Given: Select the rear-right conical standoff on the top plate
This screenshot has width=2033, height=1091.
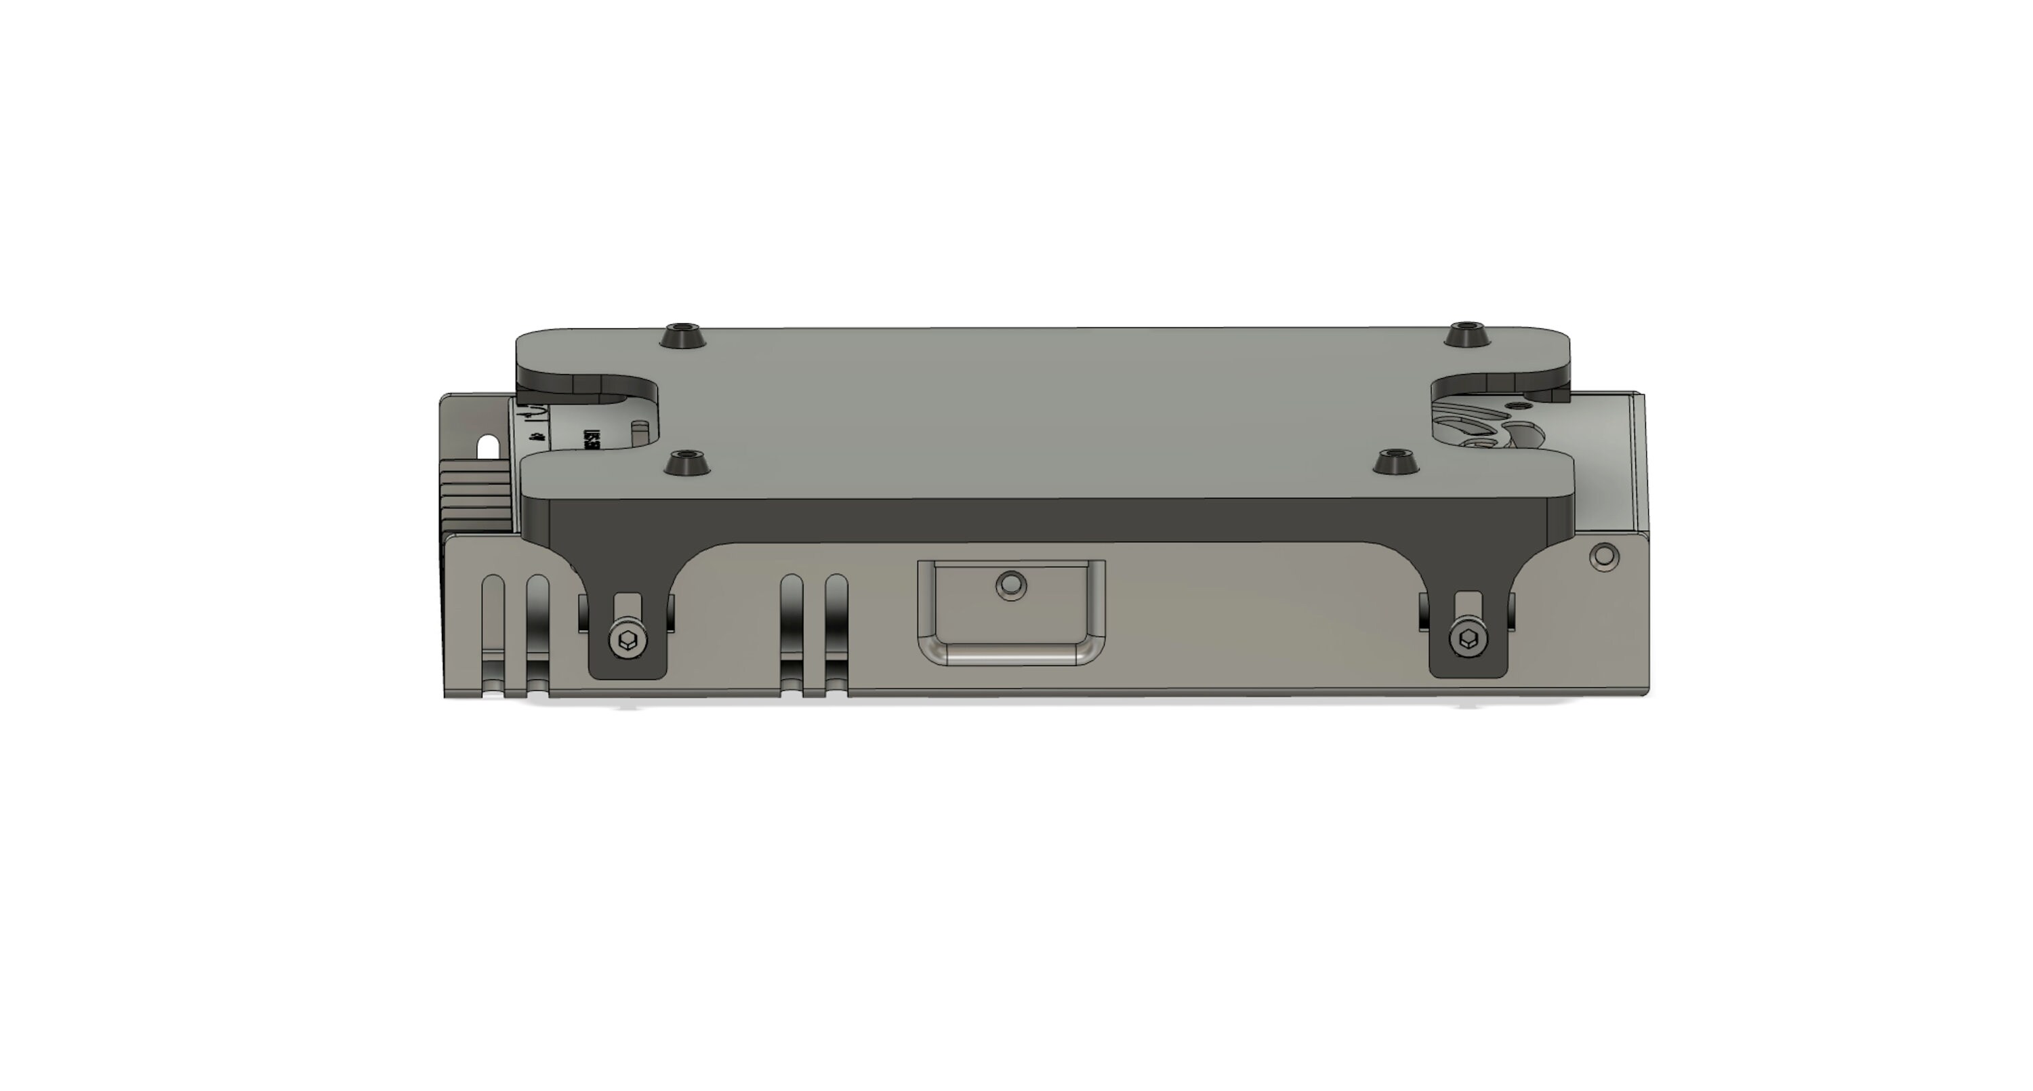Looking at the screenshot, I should [x=1466, y=335].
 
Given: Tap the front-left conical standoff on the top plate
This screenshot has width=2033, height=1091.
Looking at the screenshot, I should [x=686, y=464].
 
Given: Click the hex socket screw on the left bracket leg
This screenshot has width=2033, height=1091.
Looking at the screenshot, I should [x=628, y=640].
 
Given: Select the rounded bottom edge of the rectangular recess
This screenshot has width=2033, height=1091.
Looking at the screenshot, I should [x=1011, y=655].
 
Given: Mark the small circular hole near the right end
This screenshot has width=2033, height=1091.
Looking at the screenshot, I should [x=1603, y=556].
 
